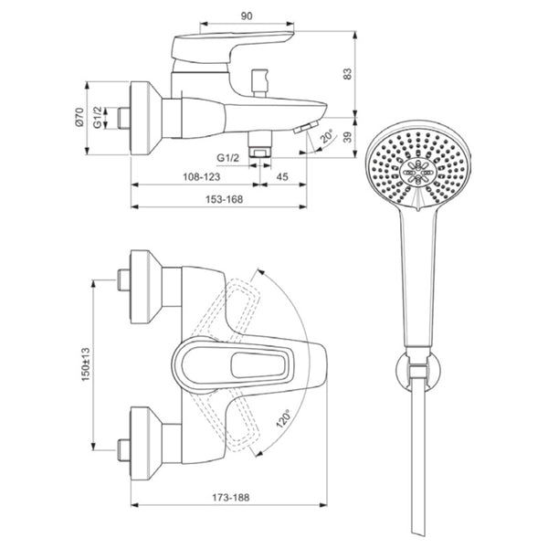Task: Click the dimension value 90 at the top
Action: [x=247, y=16]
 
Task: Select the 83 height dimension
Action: [x=347, y=73]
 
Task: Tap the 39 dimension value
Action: [x=347, y=137]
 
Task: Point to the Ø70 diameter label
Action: [x=79, y=117]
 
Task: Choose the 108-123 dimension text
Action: [x=202, y=177]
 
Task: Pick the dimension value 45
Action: [x=282, y=177]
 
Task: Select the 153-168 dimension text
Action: [x=224, y=199]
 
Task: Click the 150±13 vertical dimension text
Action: [x=86, y=364]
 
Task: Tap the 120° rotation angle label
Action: [x=284, y=418]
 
